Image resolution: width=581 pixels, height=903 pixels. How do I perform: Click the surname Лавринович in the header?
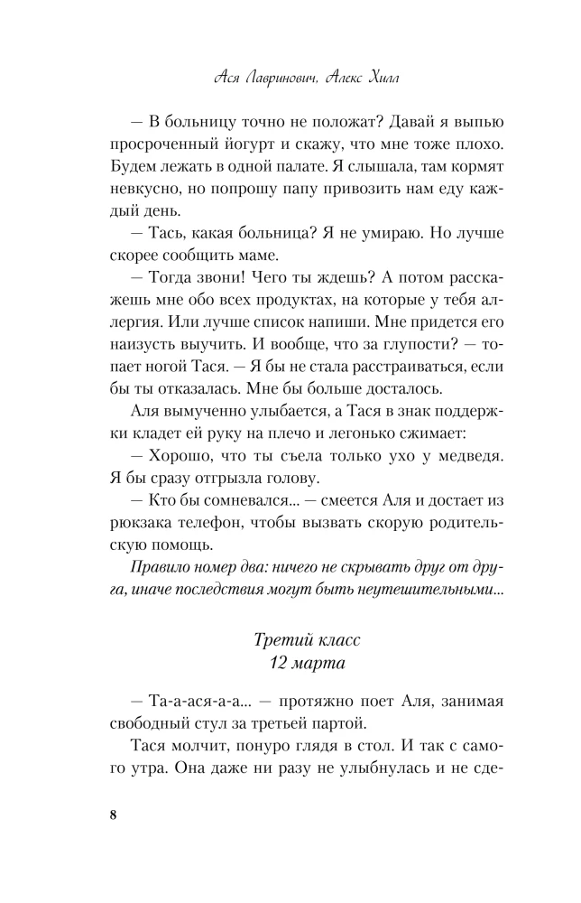tap(286, 79)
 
